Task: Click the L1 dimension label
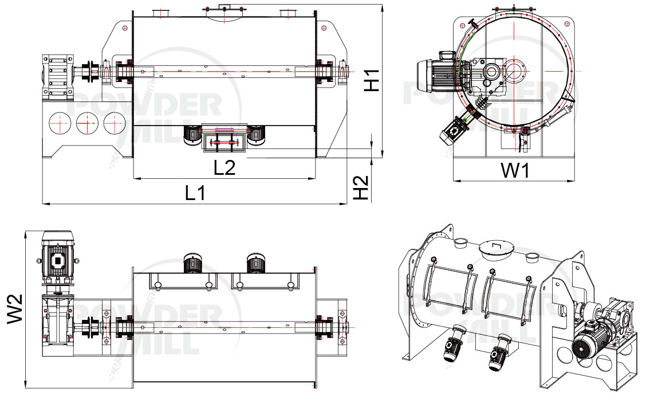point(195,193)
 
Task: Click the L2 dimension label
point(224,167)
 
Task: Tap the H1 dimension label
point(372,80)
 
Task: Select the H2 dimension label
point(361,187)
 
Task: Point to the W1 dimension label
point(515,171)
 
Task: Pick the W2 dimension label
point(15,308)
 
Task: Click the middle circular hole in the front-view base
point(88,123)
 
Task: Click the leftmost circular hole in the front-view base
point(60,123)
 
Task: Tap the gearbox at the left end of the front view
point(57,77)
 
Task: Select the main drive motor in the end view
point(439,76)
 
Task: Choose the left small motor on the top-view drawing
point(192,263)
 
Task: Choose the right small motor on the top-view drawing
point(256,263)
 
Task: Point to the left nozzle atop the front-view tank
point(159,13)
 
